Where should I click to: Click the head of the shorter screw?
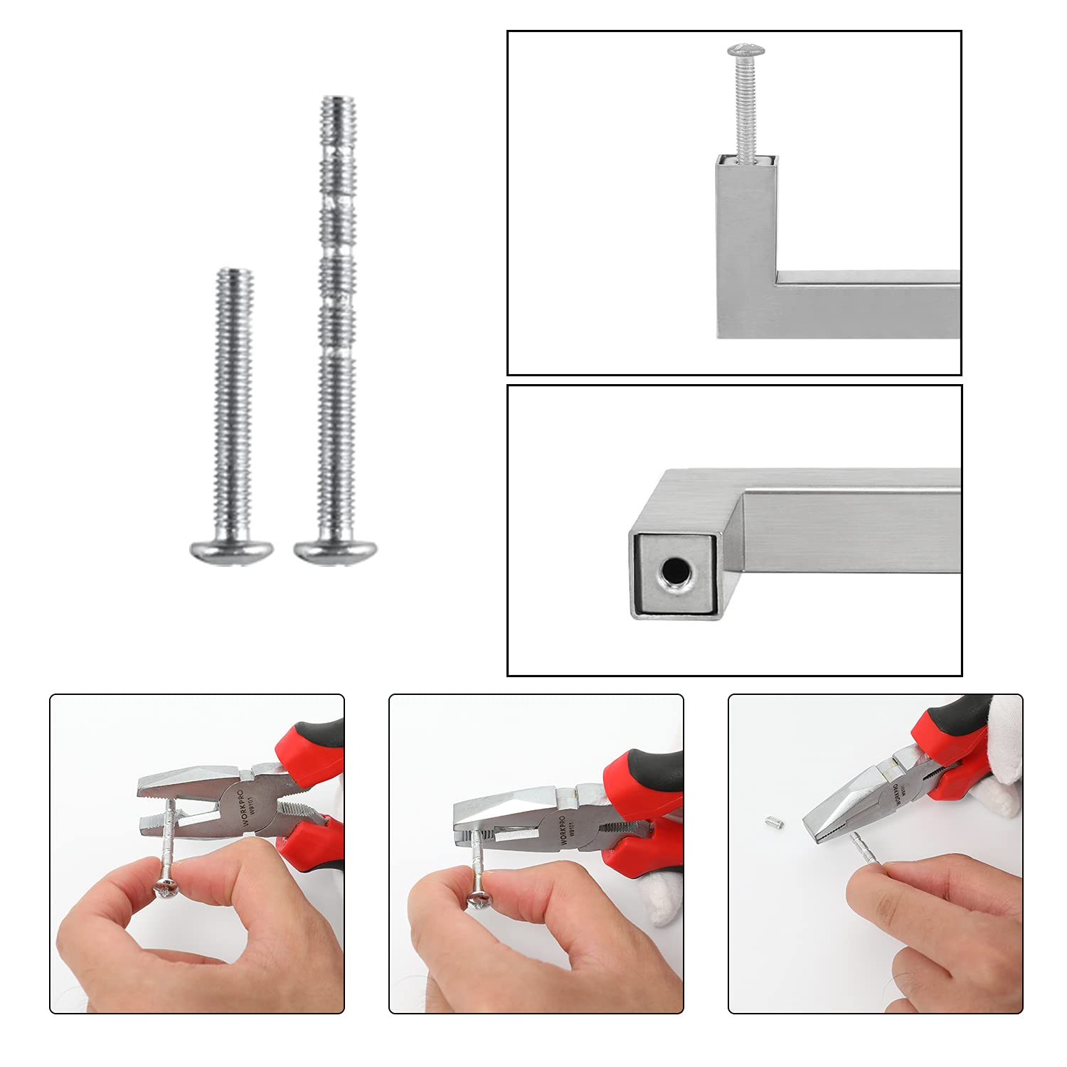[232, 549]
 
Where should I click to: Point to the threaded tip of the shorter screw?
[235, 278]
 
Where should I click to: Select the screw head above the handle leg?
[745, 51]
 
